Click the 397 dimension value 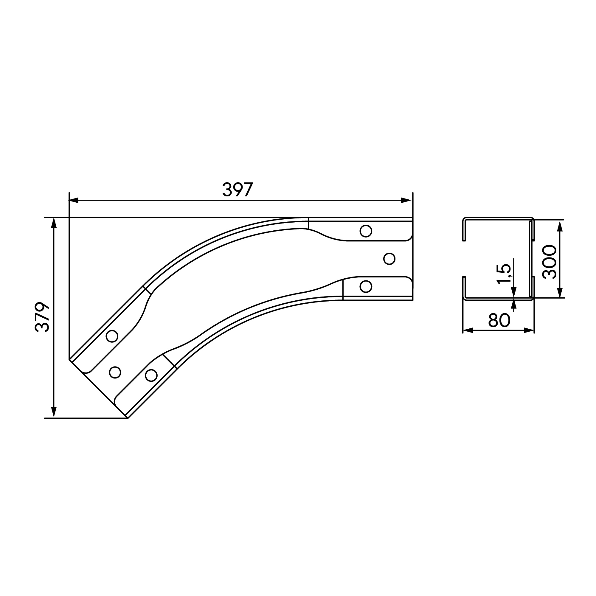(x=238, y=190)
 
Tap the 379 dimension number (x=42, y=317)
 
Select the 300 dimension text (x=550, y=262)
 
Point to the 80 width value (x=499, y=320)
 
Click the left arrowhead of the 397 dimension (x=73, y=201)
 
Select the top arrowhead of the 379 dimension (x=54, y=223)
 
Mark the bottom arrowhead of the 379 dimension (x=54, y=412)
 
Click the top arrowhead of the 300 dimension (x=561, y=226)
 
